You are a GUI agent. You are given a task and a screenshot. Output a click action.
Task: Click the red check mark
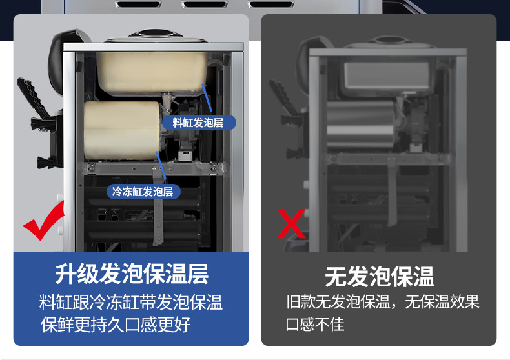click(x=44, y=223)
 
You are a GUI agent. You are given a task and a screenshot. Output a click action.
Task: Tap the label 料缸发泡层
click(x=198, y=123)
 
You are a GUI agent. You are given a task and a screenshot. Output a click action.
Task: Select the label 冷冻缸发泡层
click(x=143, y=192)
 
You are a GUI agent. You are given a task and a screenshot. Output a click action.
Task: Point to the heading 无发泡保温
click(x=379, y=277)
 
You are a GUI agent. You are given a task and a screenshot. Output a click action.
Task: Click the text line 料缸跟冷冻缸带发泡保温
click(x=131, y=302)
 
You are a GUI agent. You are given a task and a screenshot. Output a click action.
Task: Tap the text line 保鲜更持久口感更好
click(x=116, y=324)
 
